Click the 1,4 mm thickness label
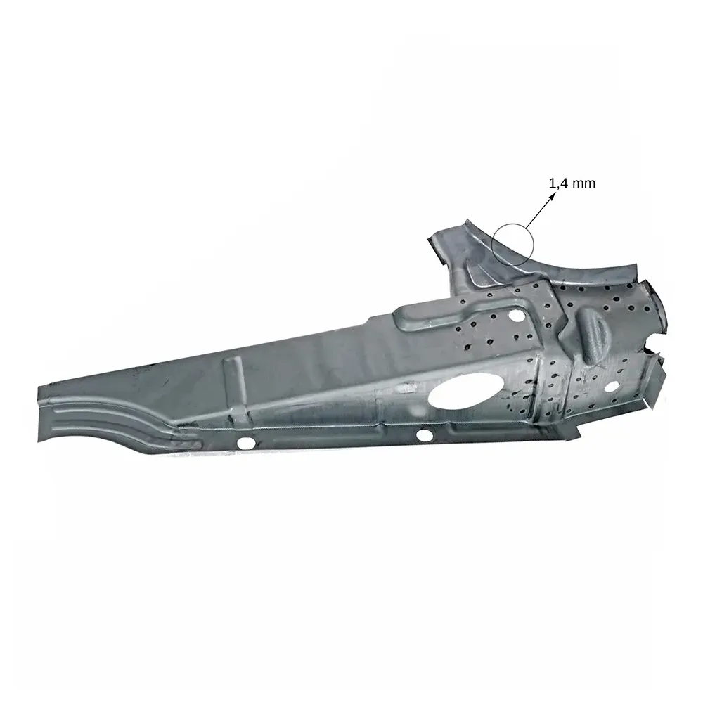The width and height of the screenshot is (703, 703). click(572, 183)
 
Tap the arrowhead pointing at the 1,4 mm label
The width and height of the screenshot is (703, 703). click(553, 196)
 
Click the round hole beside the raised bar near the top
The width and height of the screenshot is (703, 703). click(517, 314)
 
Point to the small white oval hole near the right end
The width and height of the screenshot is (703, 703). click(611, 386)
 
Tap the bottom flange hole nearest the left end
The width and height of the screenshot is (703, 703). click(245, 443)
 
